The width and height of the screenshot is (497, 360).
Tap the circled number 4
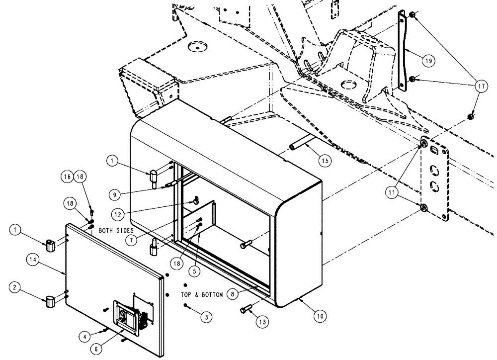click(x=87, y=337)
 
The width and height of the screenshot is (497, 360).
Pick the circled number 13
click(x=262, y=322)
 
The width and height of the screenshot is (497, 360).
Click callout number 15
click(x=324, y=161)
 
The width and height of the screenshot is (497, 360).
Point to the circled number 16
click(x=67, y=176)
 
